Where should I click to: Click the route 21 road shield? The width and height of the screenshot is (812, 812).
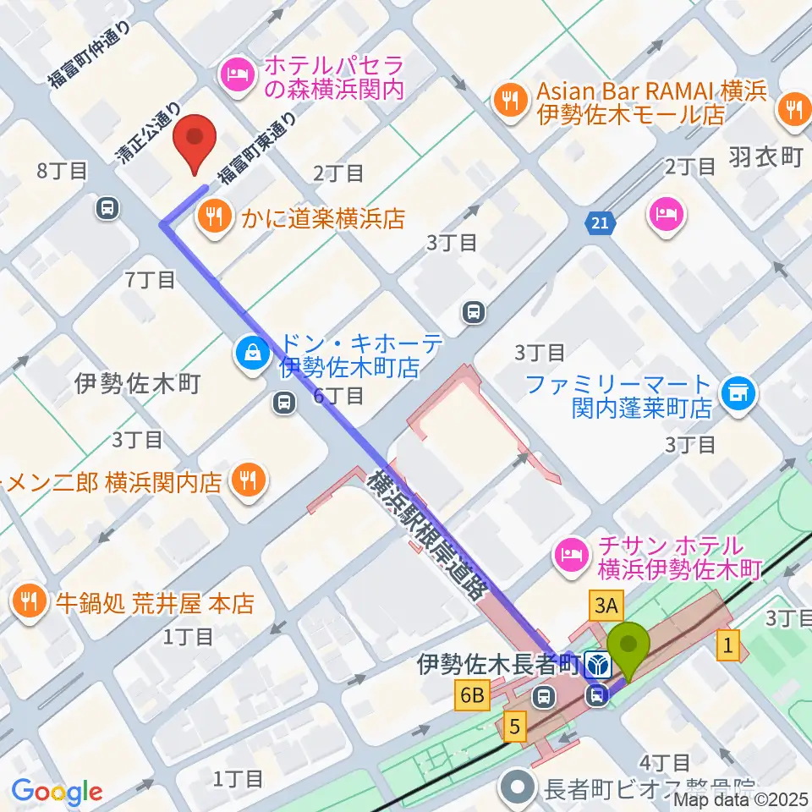[x=599, y=224]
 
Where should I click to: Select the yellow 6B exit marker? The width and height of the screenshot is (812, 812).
[x=472, y=696]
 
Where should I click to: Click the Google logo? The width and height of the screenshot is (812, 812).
[x=57, y=792]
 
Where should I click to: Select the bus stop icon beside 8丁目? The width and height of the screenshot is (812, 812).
[x=107, y=207]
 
